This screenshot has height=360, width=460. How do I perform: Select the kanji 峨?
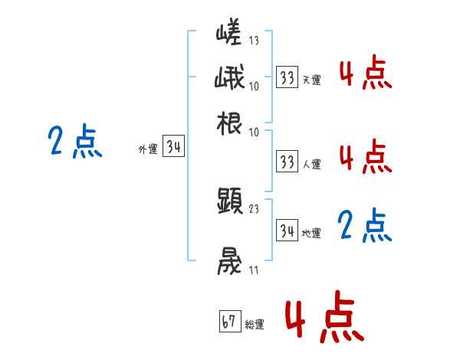(x=229, y=78)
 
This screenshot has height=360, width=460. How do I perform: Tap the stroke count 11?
(x=255, y=270)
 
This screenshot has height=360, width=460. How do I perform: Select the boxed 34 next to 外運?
(x=173, y=148)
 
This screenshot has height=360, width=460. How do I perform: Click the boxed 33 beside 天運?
(x=287, y=78)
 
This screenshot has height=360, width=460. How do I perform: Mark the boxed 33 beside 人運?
(x=287, y=162)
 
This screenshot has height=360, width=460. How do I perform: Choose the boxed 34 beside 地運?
(x=287, y=231)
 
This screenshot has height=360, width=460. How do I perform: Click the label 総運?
(x=255, y=325)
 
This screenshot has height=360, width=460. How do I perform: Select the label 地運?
(x=311, y=234)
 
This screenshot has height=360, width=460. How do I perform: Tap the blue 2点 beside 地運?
(x=364, y=227)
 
